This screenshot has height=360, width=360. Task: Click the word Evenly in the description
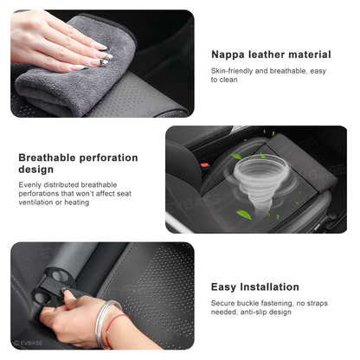click(x=32, y=185)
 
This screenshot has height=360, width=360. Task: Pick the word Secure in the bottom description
click(x=225, y=304)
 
